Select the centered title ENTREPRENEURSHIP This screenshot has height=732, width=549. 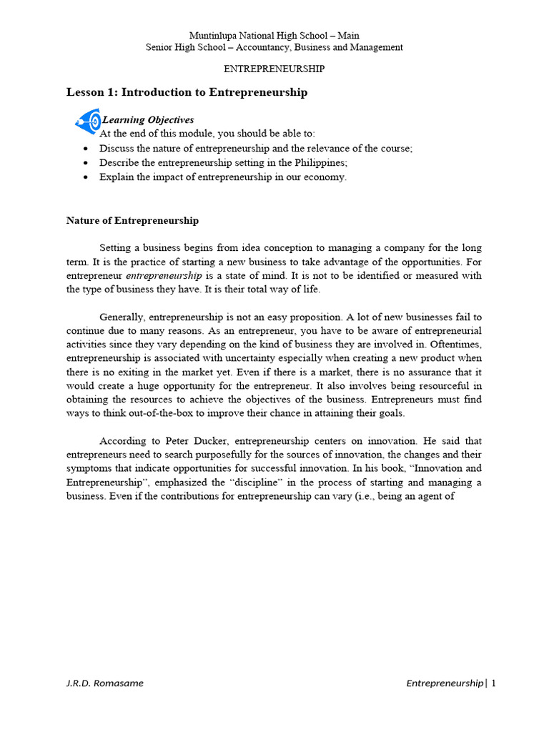(x=274, y=69)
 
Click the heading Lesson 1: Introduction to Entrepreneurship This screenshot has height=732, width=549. (x=187, y=92)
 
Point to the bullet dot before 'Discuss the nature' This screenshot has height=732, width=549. (x=86, y=149)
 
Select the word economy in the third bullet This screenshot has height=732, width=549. (x=323, y=177)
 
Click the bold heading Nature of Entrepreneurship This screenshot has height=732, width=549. (x=132, y=221)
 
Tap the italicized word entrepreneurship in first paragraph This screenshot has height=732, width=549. (x=164, y=276)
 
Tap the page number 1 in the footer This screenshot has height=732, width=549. (x=493, y=683)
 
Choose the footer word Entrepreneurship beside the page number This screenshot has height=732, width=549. (x=445, y=683)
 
